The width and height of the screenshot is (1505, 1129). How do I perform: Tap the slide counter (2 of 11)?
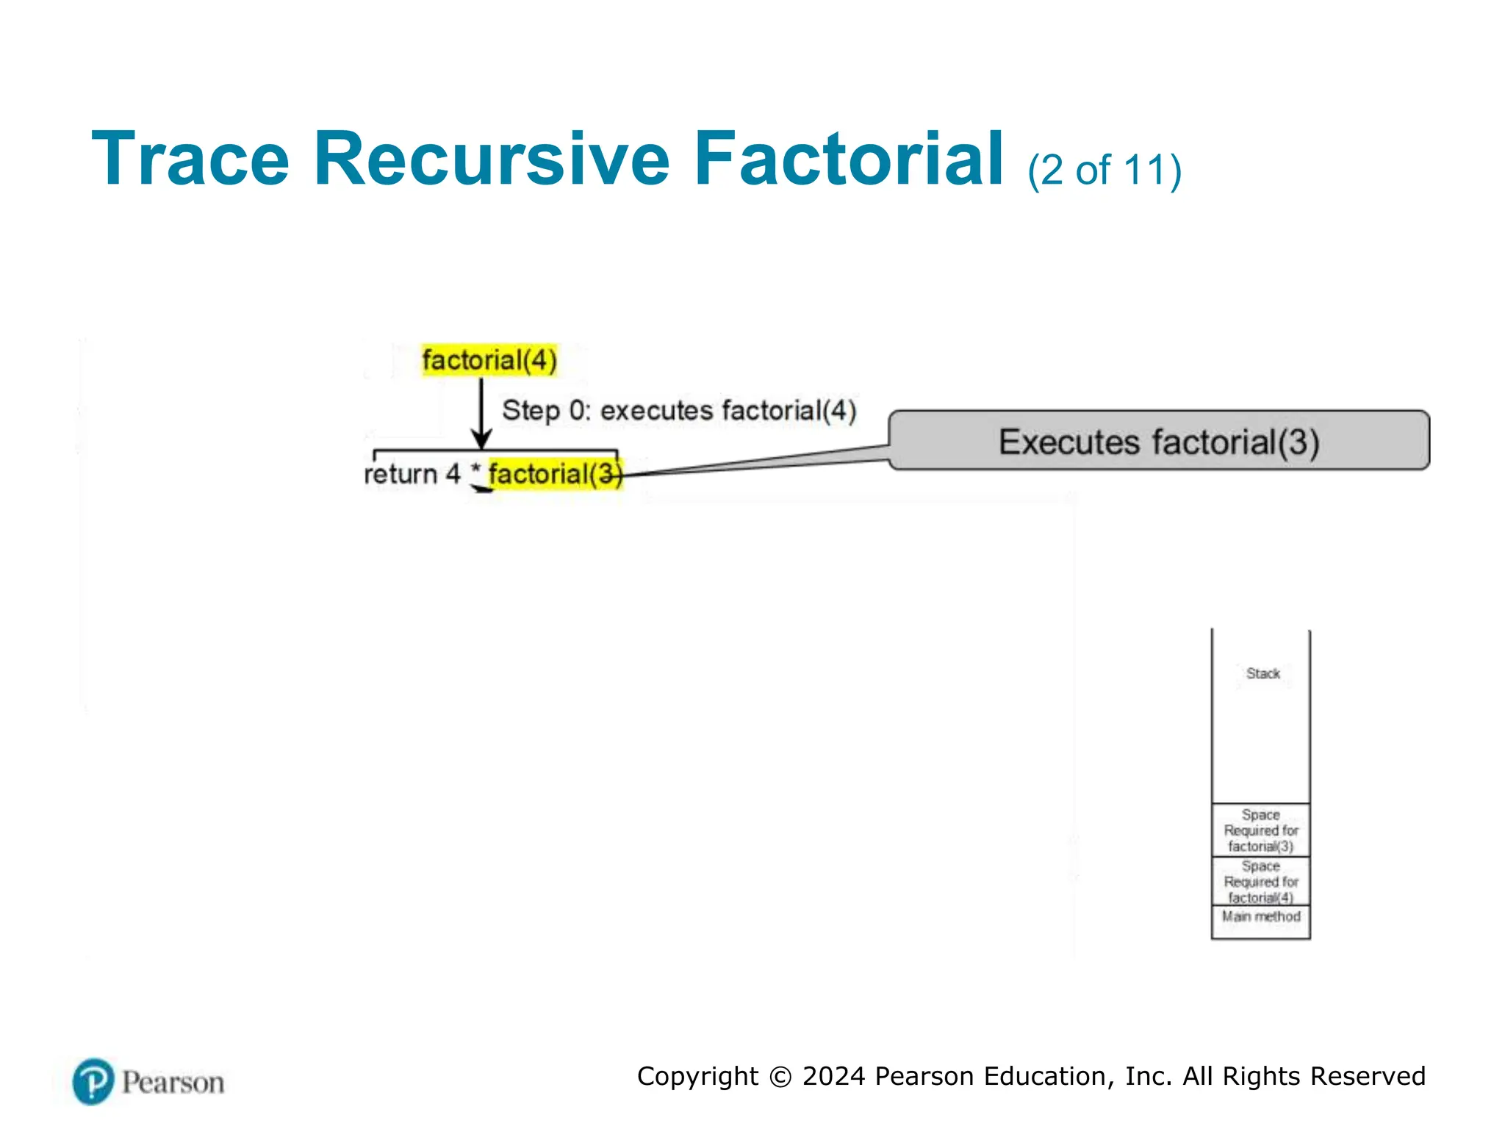tap(1104, 171)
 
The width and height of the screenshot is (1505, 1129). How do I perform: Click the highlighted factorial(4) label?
tap(489, 360)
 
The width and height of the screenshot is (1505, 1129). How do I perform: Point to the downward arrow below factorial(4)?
tap(481, 412)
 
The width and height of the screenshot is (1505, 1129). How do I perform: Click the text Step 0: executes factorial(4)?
tap(679, 410)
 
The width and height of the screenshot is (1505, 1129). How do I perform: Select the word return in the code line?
tap(401, 474)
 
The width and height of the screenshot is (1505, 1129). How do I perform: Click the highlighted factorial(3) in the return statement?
tap(555, 474)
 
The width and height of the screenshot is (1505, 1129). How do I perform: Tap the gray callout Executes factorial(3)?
tap(1158, 441)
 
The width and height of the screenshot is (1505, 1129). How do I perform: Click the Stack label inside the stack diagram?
tap(1262, 673)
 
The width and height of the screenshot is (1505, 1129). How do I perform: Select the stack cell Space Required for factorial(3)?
tap(1261, 830)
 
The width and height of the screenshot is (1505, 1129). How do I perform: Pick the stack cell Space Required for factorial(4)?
tap(1261, 881)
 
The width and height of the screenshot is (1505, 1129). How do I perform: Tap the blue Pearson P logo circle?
tap(93, 1081)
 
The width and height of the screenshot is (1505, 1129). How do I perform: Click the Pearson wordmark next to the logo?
tap(173, 1083)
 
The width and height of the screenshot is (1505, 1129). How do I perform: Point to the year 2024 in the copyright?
tap(833, 1076)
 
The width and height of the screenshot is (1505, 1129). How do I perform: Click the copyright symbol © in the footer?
tap(780, 1077)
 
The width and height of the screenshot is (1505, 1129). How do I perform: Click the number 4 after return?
tap(453, 474)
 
